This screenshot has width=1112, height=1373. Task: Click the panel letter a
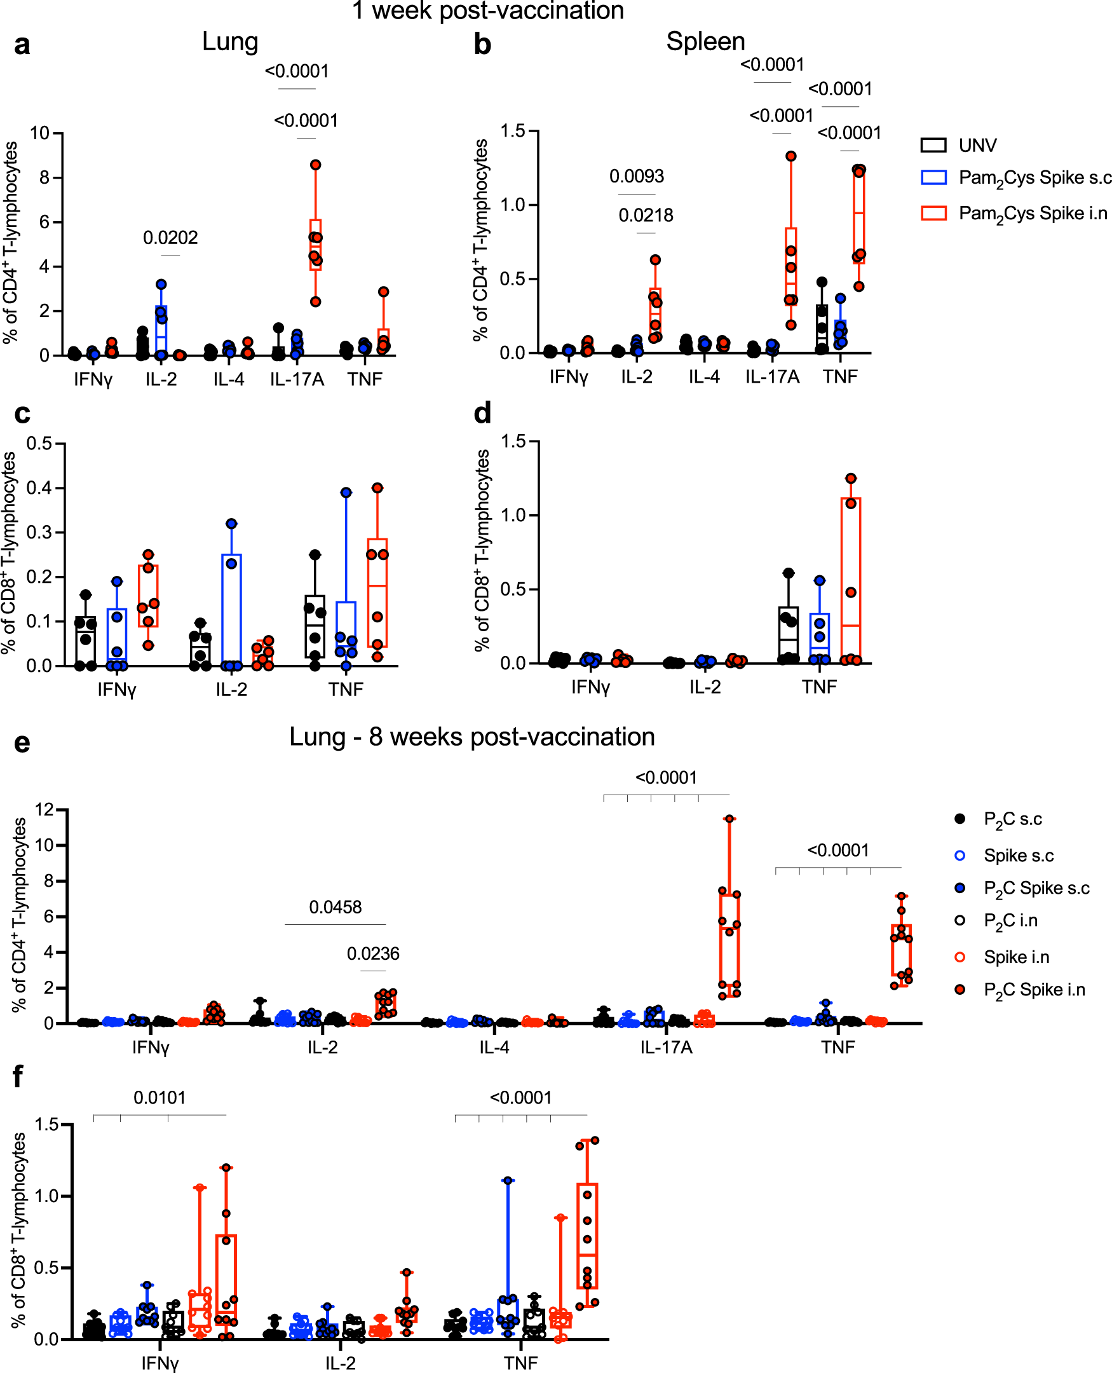click(22, 46)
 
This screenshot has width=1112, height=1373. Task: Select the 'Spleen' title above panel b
click(705, 42)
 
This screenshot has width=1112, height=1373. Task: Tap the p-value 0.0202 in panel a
click(170, 238)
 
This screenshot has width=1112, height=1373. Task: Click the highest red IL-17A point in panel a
click(315, 165)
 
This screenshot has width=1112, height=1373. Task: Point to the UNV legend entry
click(977, 146)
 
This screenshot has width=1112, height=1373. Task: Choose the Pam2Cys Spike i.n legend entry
click(1032, 214)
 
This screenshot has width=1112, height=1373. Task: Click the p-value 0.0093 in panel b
click(636, 176)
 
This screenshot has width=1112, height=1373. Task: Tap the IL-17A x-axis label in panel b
click(772, 378)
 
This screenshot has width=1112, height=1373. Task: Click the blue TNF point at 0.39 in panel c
click(346, 493)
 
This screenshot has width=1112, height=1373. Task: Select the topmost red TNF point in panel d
click(851, 479)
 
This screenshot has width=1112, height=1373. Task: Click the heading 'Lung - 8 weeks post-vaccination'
click(471, 737)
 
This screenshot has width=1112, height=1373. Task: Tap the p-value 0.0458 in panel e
click(335, 907)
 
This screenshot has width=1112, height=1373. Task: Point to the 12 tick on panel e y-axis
click(45, 810)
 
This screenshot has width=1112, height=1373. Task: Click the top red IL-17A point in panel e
click(729, 819)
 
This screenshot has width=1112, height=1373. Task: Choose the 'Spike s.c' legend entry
click(1018, 856)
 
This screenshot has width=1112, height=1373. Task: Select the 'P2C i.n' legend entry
click(1010, 920)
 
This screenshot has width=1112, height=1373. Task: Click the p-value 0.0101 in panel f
click(159, 1098)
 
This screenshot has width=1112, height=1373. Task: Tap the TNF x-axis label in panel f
click(520, 1363)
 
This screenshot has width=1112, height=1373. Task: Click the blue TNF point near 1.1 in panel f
click(507, 1180)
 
